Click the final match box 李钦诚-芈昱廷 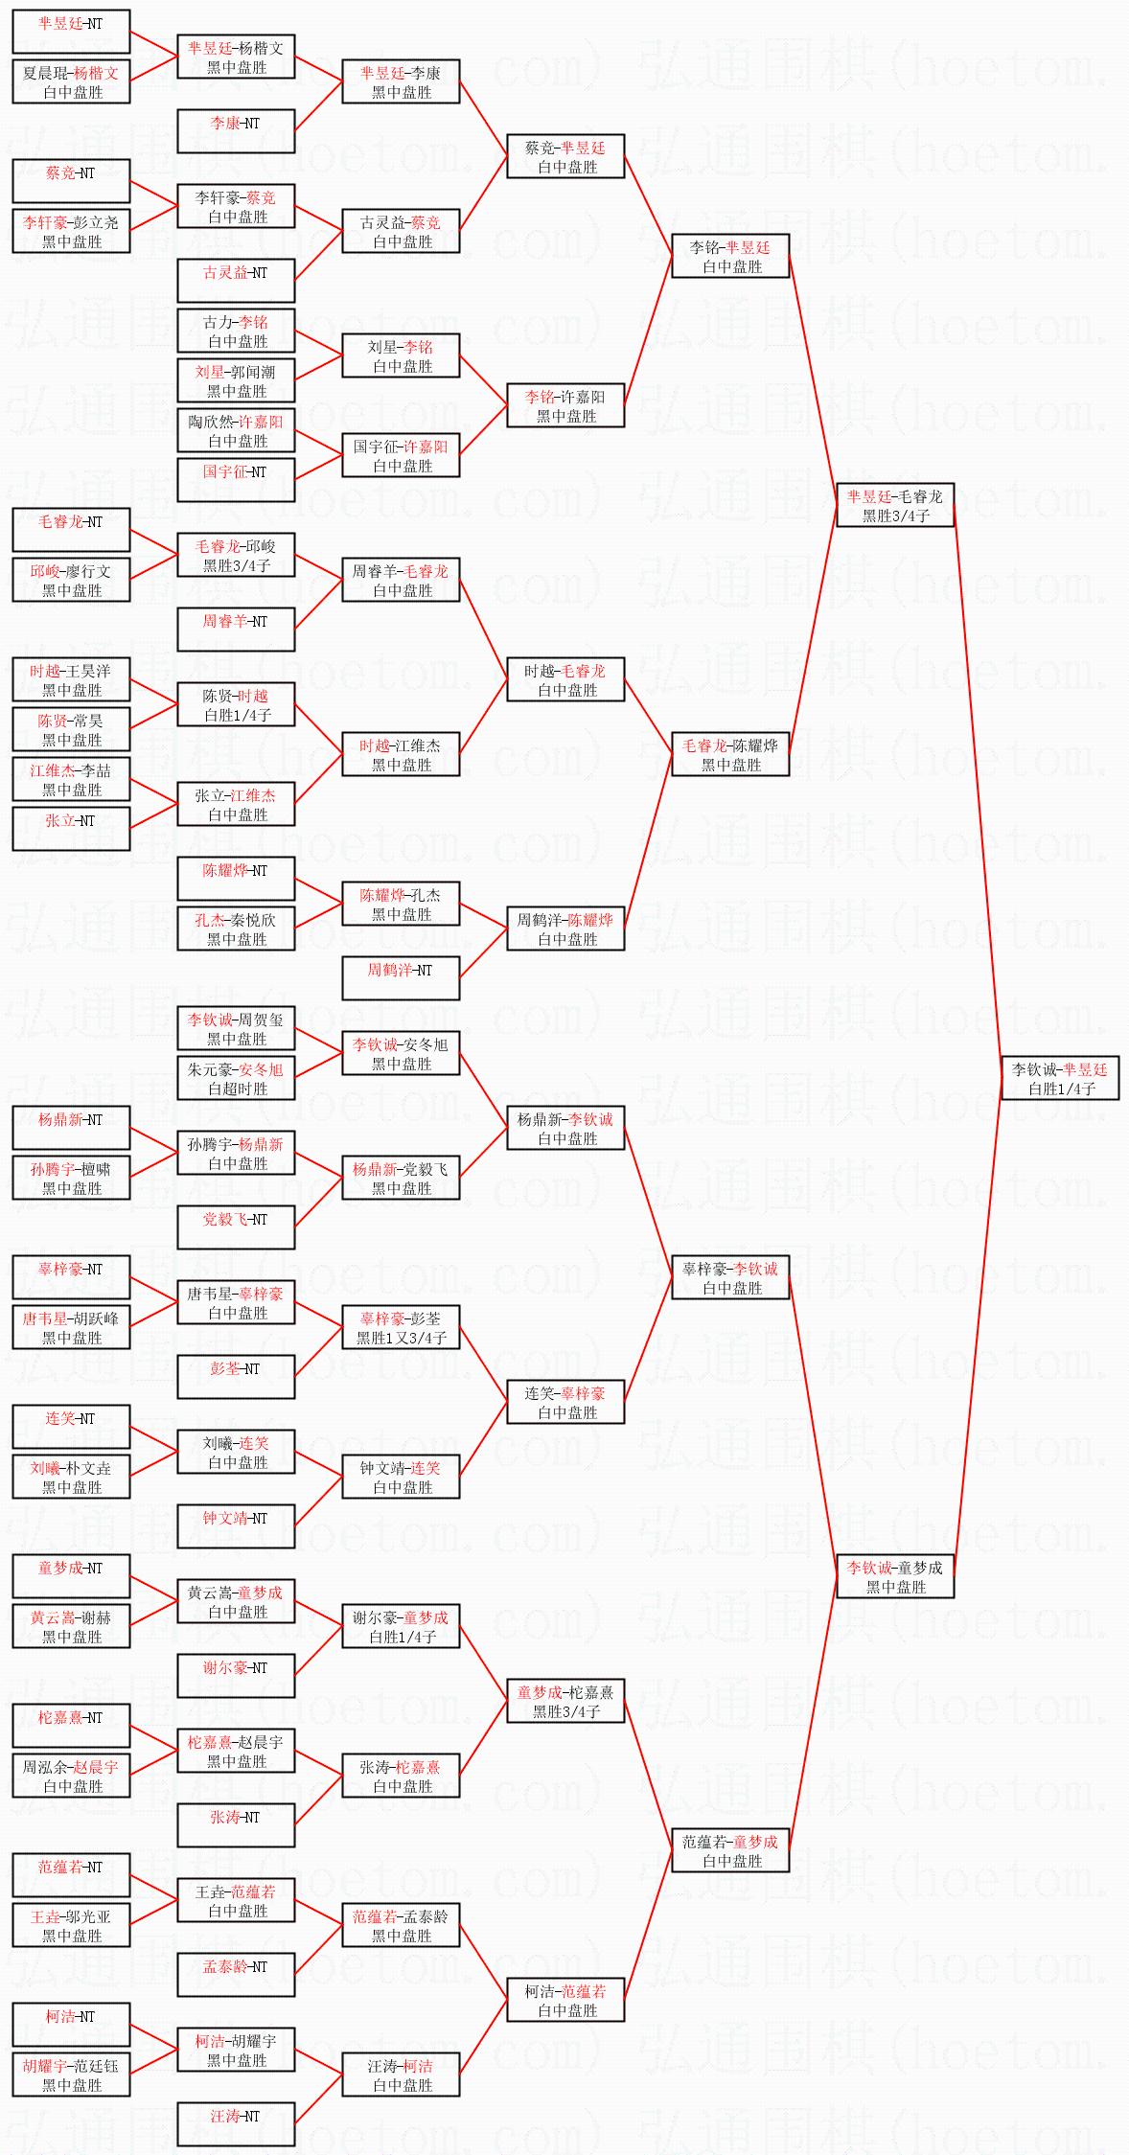click(x=1060, y=1078)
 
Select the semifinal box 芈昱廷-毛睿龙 click(x=895, y=505)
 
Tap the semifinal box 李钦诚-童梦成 click(x=895, y=1576)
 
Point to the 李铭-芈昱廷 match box click(x=730, y=256)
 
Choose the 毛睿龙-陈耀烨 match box click(x=730, y=754)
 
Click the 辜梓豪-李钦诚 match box click(x=730, y=1277)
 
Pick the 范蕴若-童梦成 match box click(x=730, y=1850)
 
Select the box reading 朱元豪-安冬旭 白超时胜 click(x=236, y=1078)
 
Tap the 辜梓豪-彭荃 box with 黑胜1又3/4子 click(x=401, y=1327)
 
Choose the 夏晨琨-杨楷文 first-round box click(x=71, y=81)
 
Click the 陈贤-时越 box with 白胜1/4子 click(x=236, y=704)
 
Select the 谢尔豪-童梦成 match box click(x=401, y=1626)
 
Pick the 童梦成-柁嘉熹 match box click(x=565, y=1701)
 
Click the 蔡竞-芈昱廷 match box click(x=565, y=156)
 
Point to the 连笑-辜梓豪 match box click(x=565, y=1402)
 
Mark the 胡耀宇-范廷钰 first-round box click(x=71, y=2075)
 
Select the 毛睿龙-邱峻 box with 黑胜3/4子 click(x=236, y=555)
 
